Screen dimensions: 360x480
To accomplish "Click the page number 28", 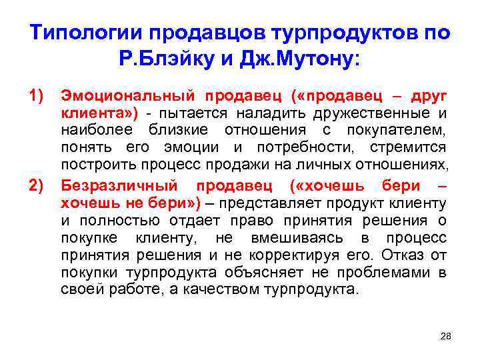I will (x=446, y=335).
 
